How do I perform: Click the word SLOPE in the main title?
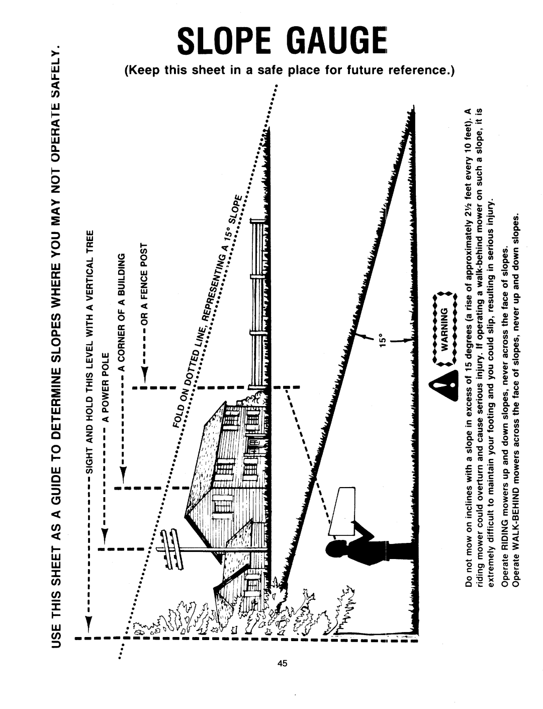click(224, 41)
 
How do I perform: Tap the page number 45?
click(283, 663)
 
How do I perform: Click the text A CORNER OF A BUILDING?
click(121, 311)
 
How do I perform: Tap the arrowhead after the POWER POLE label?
click(104, 535)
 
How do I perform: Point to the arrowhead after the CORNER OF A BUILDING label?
click(123, 474)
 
